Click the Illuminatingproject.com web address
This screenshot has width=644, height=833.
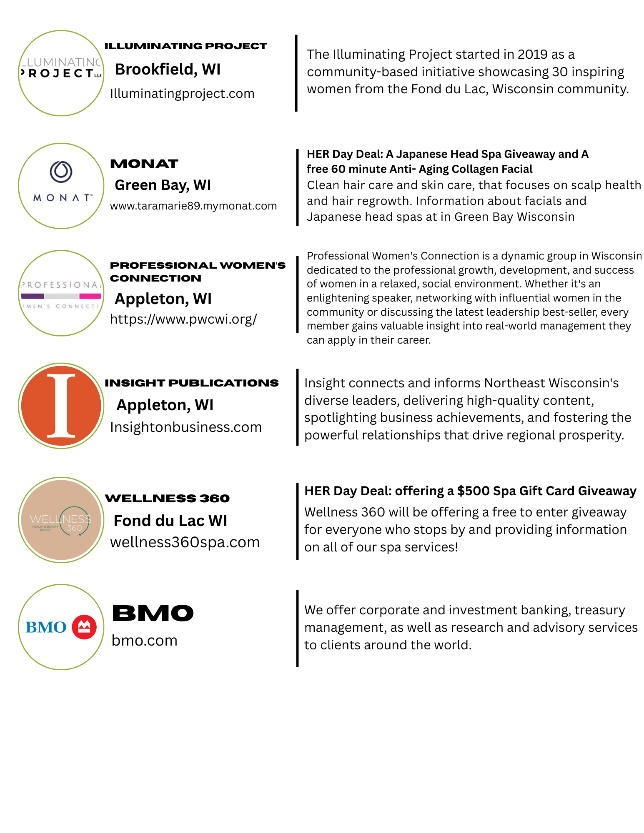(x=182, y=94)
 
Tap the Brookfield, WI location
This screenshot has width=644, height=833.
(x=168, y=69)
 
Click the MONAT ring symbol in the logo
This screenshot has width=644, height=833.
(x=61, y=172)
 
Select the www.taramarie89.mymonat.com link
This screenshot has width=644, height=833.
(x=193, y=206)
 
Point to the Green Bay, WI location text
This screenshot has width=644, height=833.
(x=163, y=185)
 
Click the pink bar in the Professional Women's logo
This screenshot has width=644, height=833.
(x=90, y=296)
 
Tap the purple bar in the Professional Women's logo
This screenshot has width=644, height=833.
(x=33, y=296)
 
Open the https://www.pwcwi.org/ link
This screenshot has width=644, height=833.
(x=183, y=319)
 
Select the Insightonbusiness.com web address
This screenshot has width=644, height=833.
(x=186, y=427)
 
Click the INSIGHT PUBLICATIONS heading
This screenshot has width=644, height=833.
(x=191, y=383)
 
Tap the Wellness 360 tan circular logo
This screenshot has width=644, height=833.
(x=61, y=520)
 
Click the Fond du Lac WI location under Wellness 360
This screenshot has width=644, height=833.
(x=170, y=521)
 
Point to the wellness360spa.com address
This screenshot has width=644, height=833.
(x=185, y=542)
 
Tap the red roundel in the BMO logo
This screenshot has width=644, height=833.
(x=84, y=627)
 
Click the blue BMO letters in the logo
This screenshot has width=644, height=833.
(x=46, y=627)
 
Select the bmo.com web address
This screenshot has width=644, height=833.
(x=144, y=641)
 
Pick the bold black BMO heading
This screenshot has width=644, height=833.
(x=153, y=613)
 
